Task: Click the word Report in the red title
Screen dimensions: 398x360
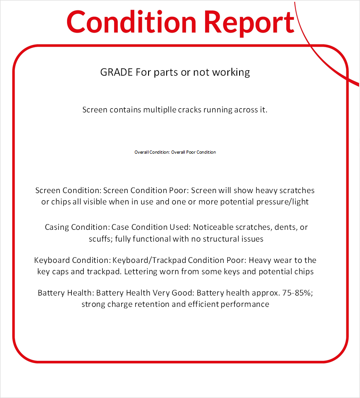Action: pos(249,22)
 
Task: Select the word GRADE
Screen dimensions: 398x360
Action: pos(116,72)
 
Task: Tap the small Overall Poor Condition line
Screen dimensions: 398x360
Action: pos(175,152)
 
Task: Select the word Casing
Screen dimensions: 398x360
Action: pos(57,227)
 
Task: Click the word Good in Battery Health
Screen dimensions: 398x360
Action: pos(182,293)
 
